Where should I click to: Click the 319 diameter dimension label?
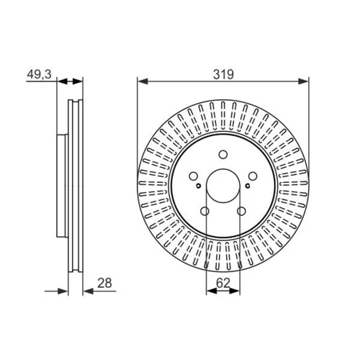[223, 74]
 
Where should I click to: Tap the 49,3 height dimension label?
[39, 74]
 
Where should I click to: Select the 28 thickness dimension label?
[104, 283]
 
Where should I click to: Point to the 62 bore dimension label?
[223, 283]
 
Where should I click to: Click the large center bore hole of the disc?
[223, 186]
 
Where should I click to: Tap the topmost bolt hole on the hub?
[223, 154]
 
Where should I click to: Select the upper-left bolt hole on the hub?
[193, 176]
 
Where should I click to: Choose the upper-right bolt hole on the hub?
[253, 176]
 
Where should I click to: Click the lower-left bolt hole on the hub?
[204, 212]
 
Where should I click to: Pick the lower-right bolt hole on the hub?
[241, 212]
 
